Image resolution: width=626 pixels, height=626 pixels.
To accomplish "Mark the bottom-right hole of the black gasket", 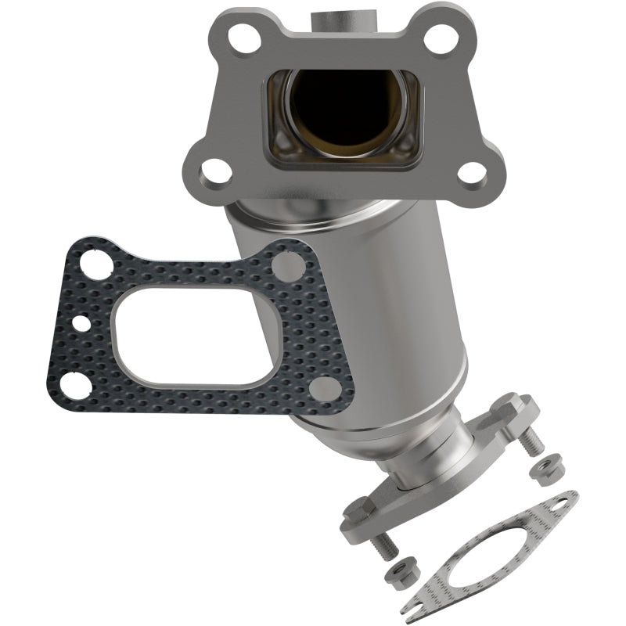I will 323,389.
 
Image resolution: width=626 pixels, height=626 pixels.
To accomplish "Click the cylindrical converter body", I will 352,313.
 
